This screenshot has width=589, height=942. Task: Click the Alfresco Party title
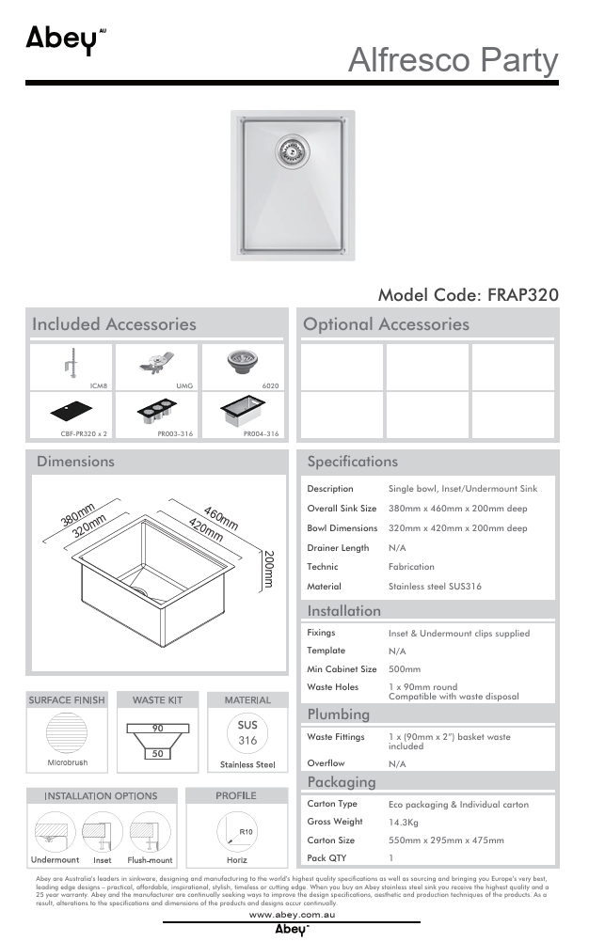453,60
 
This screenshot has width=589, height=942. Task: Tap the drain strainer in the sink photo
291,148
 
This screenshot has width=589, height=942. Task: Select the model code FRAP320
468,294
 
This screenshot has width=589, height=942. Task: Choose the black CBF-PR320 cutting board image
71,412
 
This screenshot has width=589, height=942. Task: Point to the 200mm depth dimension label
269,569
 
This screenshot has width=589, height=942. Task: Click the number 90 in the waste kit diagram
157,729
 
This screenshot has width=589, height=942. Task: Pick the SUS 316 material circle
247,733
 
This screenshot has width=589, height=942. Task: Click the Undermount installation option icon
55,831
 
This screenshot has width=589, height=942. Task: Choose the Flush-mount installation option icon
150,831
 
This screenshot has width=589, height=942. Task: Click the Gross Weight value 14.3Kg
405,822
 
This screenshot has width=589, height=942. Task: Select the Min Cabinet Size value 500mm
405,669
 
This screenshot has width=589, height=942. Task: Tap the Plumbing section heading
339,714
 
